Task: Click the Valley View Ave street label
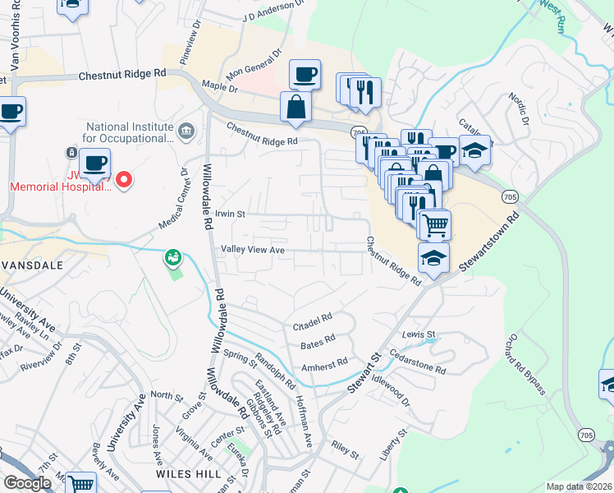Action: [x=251, y=250]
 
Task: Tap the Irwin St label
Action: [x=231, y=214]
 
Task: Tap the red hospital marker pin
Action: [x=124, y=178]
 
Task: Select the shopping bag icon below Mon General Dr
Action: [x=296, y=107]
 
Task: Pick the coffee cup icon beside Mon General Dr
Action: [x=305, y=75]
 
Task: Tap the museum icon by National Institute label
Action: [x=186, y=130]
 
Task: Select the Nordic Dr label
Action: [x=517, y=106]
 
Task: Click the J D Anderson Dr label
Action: [x=273, y=11]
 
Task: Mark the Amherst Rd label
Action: [x=324, y=366]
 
